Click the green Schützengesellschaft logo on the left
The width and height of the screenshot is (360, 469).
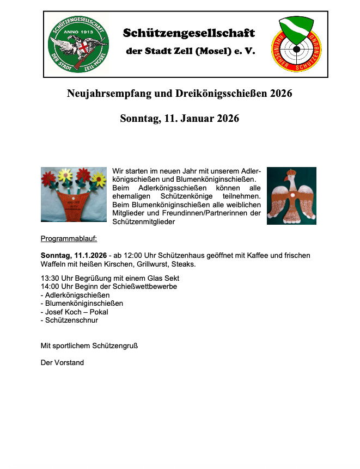77,44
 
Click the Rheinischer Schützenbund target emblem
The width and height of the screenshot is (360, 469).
295,44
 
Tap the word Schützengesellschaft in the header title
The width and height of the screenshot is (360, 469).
188,33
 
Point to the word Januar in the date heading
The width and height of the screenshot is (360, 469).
194,119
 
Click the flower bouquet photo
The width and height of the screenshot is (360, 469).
74,195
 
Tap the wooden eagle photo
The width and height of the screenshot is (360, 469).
291,196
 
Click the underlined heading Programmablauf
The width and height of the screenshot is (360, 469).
69,238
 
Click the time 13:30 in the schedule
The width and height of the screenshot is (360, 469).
51,278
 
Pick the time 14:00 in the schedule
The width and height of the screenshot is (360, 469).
51,287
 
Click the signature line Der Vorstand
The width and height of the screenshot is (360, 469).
63,362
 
